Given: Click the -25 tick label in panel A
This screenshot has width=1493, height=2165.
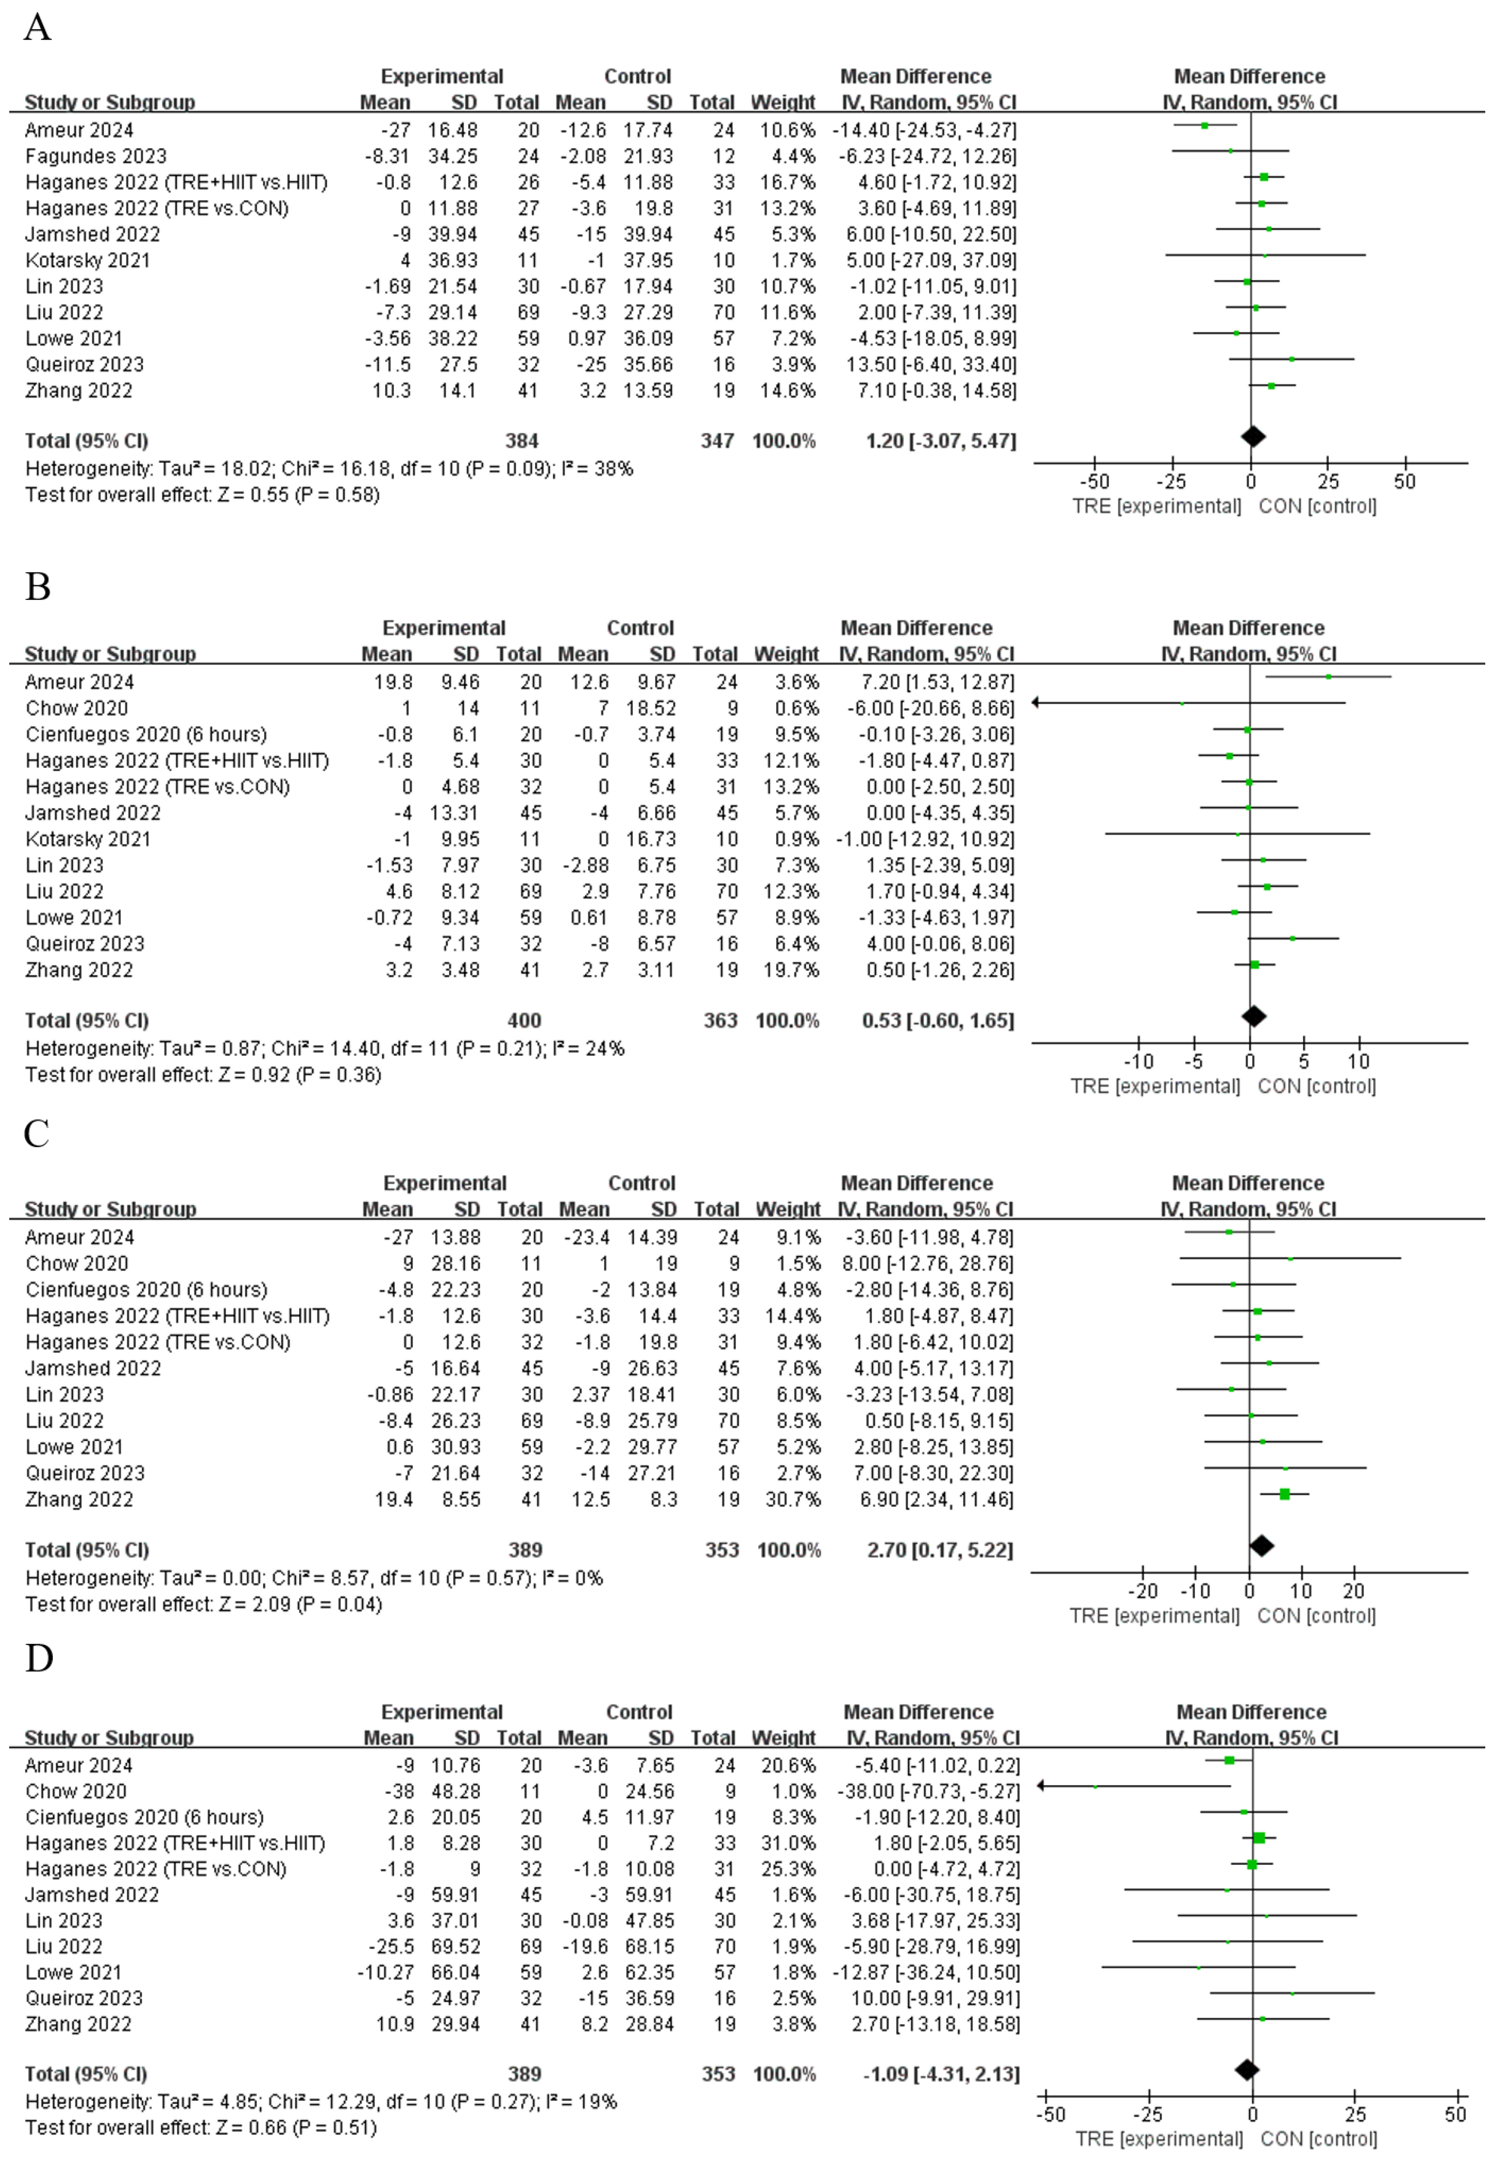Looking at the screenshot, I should [1171, 482].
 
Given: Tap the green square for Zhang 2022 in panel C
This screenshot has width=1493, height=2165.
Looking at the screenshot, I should [1284, 1494].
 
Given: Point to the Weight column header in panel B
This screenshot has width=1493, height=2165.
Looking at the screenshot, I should [786, 654].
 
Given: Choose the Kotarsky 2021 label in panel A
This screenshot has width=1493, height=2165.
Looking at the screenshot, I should [87, 260].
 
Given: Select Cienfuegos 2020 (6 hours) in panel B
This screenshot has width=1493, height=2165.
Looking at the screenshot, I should [146, 735].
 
